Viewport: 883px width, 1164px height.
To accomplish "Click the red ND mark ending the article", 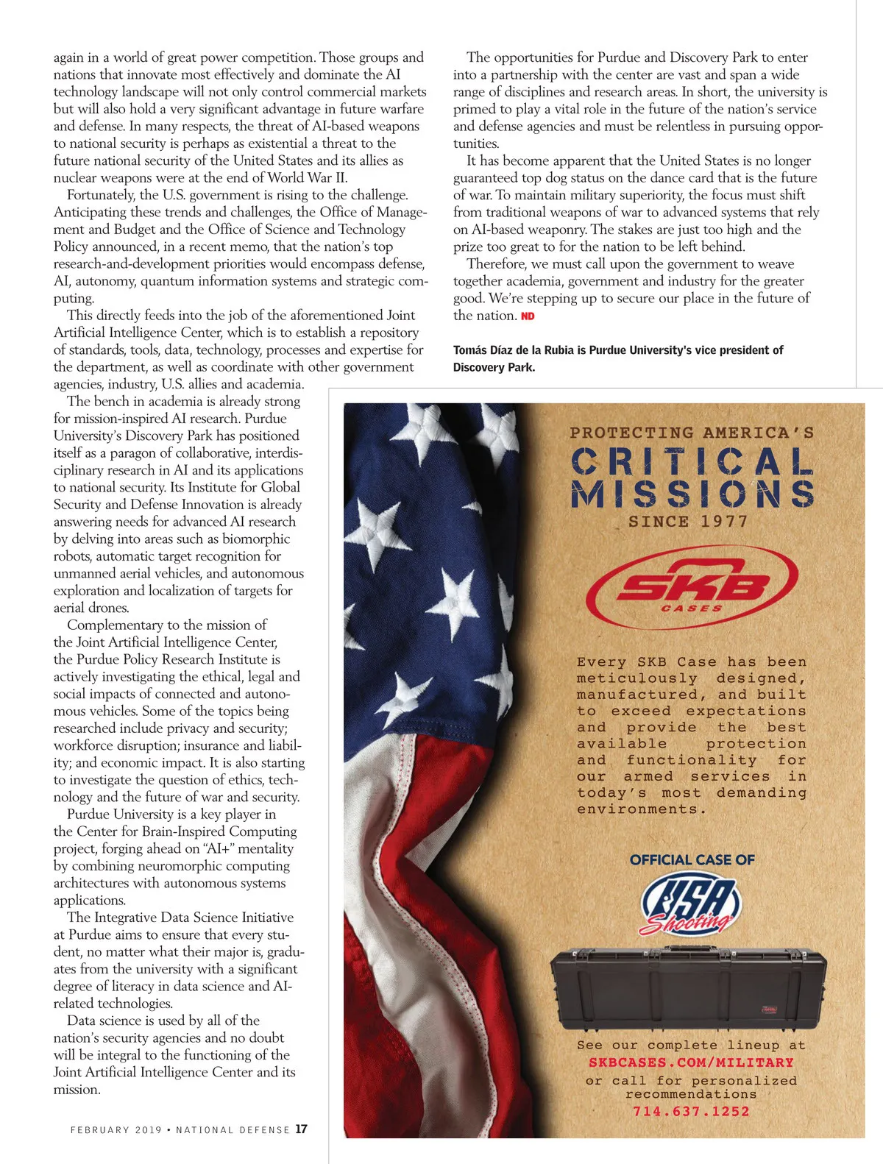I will pos(528,316).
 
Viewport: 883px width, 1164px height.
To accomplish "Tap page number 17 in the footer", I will pos(302,1129).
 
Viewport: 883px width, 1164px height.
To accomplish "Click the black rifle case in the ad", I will pos(689,986).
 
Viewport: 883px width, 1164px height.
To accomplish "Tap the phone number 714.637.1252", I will pos(691,1111).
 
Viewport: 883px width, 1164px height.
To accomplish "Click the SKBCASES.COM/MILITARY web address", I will pos(691,1062).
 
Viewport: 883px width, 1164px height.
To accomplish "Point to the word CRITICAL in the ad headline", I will pos(692,462).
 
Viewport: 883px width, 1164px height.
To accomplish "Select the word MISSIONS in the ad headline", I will pos(692,494).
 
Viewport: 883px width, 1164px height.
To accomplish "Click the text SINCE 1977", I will pos(688,522).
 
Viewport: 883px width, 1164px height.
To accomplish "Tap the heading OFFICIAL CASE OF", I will pos(692,859).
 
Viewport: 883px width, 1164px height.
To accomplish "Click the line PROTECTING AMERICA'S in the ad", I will pos(692,433).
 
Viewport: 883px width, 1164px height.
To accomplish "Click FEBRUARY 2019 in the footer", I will pos(116,1129).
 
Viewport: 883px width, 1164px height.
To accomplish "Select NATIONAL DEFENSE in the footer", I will pos(233,1129).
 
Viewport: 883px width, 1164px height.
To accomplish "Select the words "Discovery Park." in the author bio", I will pos(494,367).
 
